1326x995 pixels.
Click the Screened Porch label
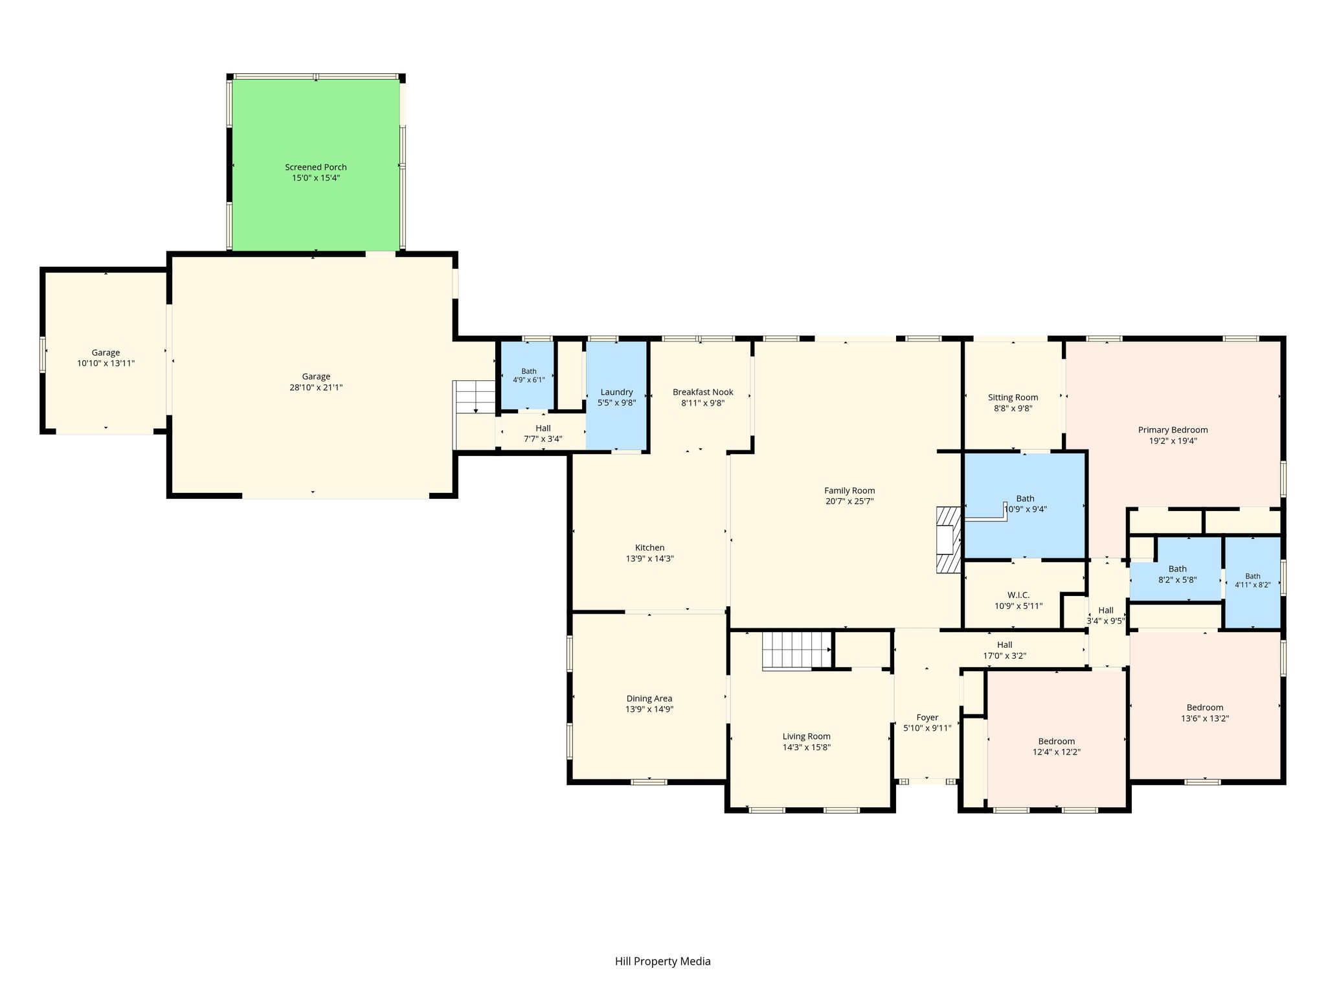(x=316, y=167)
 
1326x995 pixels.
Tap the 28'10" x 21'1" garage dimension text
(x=316, y=387)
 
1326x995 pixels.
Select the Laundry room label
(x=616, y=392)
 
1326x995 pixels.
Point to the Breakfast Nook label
(x=702, y=392)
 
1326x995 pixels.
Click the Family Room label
(x=849, y=490)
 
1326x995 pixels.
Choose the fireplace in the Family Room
(x=949, y=540)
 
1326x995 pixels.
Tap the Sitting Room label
(x=1013, y=398)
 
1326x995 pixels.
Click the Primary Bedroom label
(x=1173, y=429)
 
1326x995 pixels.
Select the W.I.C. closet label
(x=1018, y=595)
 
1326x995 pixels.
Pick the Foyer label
(x=927, y=717)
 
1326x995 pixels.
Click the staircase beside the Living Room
(x=796, y=650)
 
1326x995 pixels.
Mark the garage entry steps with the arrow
(x=475, y=398)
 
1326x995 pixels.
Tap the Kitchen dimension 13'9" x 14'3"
(x=649, y=558)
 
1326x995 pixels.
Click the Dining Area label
(x=649, y=698)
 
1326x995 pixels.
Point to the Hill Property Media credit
(x=662, y=961)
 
